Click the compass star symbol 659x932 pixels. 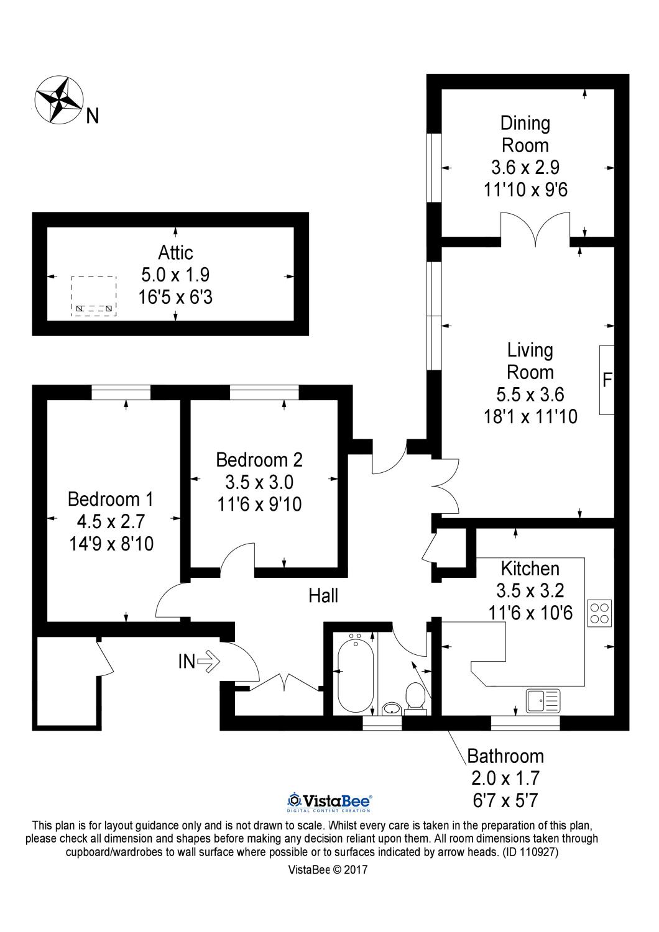[x=59, y=98]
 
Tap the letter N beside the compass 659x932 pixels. [x=92, y=116]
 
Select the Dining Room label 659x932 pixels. [x=525, y=134]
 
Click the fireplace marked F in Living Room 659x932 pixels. [x=607, y=380]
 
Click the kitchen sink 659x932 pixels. [x=543, y=700]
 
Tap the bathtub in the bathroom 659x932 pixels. [x=354, y=674]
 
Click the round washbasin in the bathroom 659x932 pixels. [x=391, y=708]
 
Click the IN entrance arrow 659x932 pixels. [x=208, y=661]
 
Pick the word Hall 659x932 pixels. [x=323, y=596]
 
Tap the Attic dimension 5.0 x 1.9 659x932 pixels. [x=175, y=275]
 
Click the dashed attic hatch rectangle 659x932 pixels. [x=94, y=296]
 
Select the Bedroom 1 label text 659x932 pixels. [x=110, y=499]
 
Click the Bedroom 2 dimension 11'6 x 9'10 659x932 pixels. [x=259, y=504]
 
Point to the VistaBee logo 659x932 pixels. [x=329, y=802]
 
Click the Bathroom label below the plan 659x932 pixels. [x=505, y=756]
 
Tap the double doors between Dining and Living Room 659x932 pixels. [x=535, y=228]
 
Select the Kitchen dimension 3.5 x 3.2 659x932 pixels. [x=530, y=590]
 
